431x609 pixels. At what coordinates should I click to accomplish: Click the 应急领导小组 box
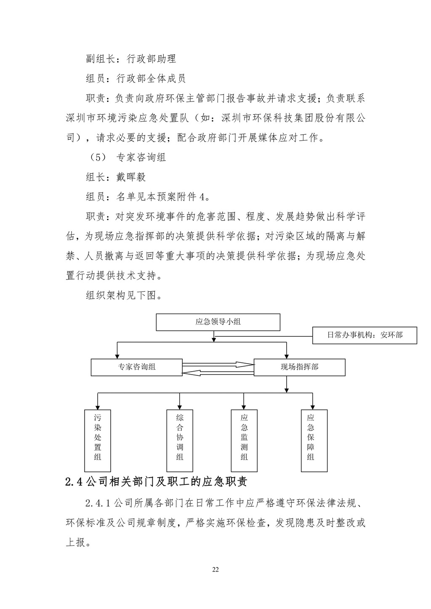tap(218, 322)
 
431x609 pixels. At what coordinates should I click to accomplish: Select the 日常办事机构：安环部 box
tap(364, 335)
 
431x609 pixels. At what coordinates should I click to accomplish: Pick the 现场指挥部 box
tap(299, 367)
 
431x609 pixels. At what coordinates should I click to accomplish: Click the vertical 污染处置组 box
tap(98, 440)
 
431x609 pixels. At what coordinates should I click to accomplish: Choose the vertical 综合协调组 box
tap(180, 440)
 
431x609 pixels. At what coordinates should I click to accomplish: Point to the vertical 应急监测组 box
tap(244, 440)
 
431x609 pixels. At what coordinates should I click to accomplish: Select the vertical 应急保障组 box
tap(314, 440)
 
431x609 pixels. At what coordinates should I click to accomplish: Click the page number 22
tap(215, 570)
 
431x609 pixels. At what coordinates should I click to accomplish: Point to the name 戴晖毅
tap(131, 177)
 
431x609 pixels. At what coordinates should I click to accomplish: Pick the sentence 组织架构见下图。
tap(124, 295)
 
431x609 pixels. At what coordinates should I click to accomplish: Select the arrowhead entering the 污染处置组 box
tap(98, 406)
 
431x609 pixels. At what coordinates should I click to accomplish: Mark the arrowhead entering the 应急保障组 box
tap(312, 406)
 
